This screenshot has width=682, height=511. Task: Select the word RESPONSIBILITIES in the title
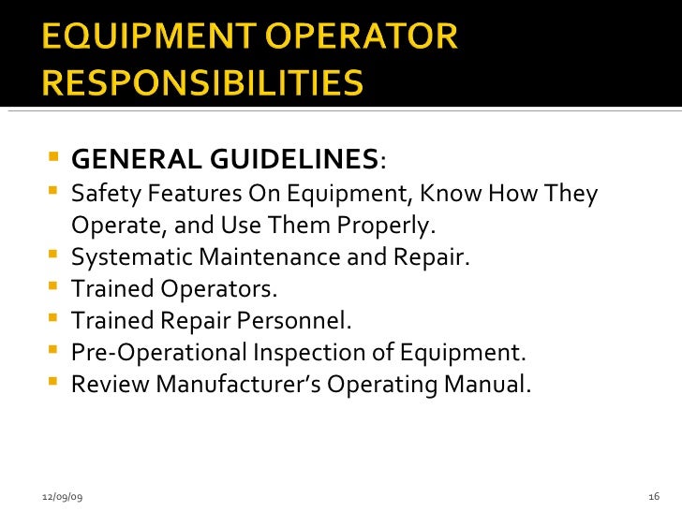click(x=202, y=83)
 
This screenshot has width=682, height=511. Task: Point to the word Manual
click(x=497, y=383)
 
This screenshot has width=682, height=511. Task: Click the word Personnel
click(x=304, y=320)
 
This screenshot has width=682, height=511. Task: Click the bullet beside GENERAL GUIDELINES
click(x=52, y=160)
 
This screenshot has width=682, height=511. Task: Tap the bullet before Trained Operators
click(x=52, y=289)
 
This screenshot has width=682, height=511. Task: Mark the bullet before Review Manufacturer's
click(x=52, y=384)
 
